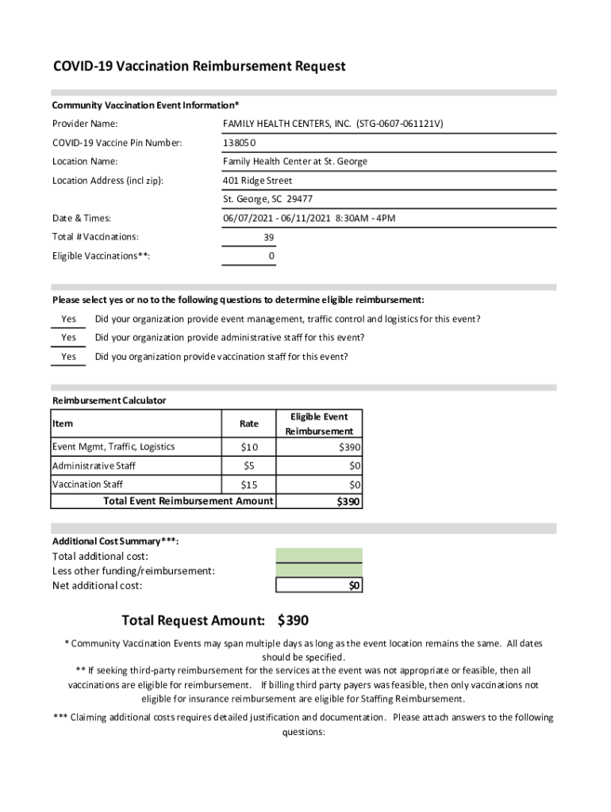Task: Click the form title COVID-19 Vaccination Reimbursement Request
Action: pyautogui.click(x=199, y=67)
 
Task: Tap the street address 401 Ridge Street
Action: pyautogui.click(x=258, y=181)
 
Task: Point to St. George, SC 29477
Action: pyautogui.click(x=267, y=199)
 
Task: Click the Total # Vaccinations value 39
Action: pyautogui.click(x=269, y=237)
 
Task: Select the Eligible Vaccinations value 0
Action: pyautogui.click(x=271, y=256)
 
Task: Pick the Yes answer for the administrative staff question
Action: pyautogui.click(x=69, y=338)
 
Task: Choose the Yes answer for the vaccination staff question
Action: pyautogui.click(x=69, y=357)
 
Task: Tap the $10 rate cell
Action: pyautogui.click(x=249, y=447)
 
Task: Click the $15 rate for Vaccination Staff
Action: pyautogui.click(x=249, y=485)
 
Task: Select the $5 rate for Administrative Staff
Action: pyautogui.click(x=249, y=466)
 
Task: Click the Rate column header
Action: pyautogui.click(x=249, y=424)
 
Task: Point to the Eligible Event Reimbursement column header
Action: pyautogui.click(x=319, y=424)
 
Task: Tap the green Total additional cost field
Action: pyautogui.click(x=319, y=555)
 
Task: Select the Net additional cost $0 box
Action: pyautogui.click(x=319, y=585)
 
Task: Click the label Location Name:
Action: pyautogui.click(x=85, y=162)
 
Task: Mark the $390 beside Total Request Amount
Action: pyautogui.click(x=294, y=620)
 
